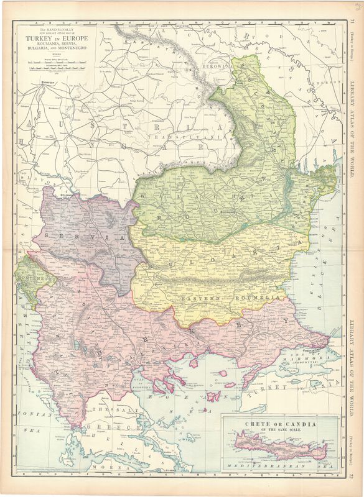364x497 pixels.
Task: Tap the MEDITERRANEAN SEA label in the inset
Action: tap(280, 464)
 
